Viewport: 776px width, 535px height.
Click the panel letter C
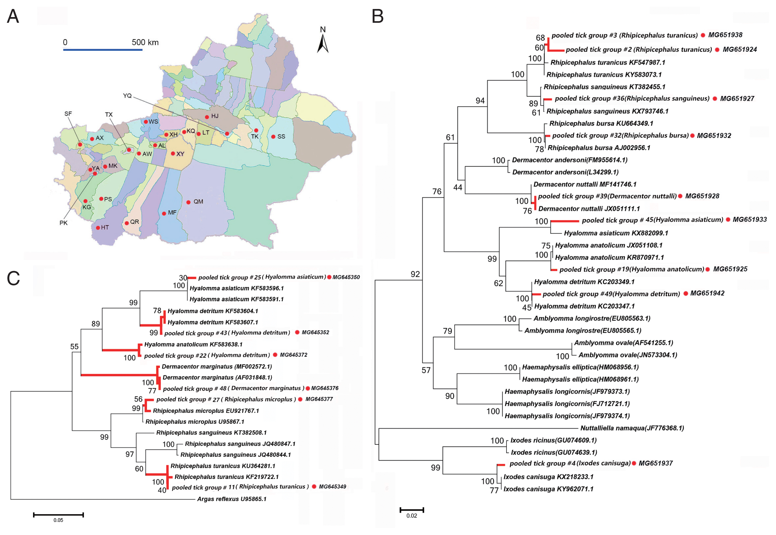click(x=13, y=278)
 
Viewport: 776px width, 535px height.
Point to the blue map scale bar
click(x=103, y=50)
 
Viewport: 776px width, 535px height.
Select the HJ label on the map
click(x=215, y=116)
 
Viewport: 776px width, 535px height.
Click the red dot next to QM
click(x=188, y=202)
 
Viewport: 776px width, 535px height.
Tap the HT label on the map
click(x=105, y=228)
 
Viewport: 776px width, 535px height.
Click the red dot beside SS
click(x=273, y=137)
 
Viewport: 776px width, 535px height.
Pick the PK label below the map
click(x=63, y=223)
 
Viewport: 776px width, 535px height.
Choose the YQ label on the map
click(x=127, y=96)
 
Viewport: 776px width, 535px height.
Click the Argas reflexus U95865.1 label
click(x=232, y=499)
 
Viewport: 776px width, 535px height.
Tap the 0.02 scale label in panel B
click(x=412, y=516)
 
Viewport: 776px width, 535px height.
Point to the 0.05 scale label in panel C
click(x=58, y=520)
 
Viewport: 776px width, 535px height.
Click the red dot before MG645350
click(x=329, y=277)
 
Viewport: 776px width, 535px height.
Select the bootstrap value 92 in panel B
click(x=415, y=274)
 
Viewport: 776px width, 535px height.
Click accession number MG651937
click(x=656, y=463)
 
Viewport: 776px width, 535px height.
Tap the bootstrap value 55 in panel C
click(x=75, y=347)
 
